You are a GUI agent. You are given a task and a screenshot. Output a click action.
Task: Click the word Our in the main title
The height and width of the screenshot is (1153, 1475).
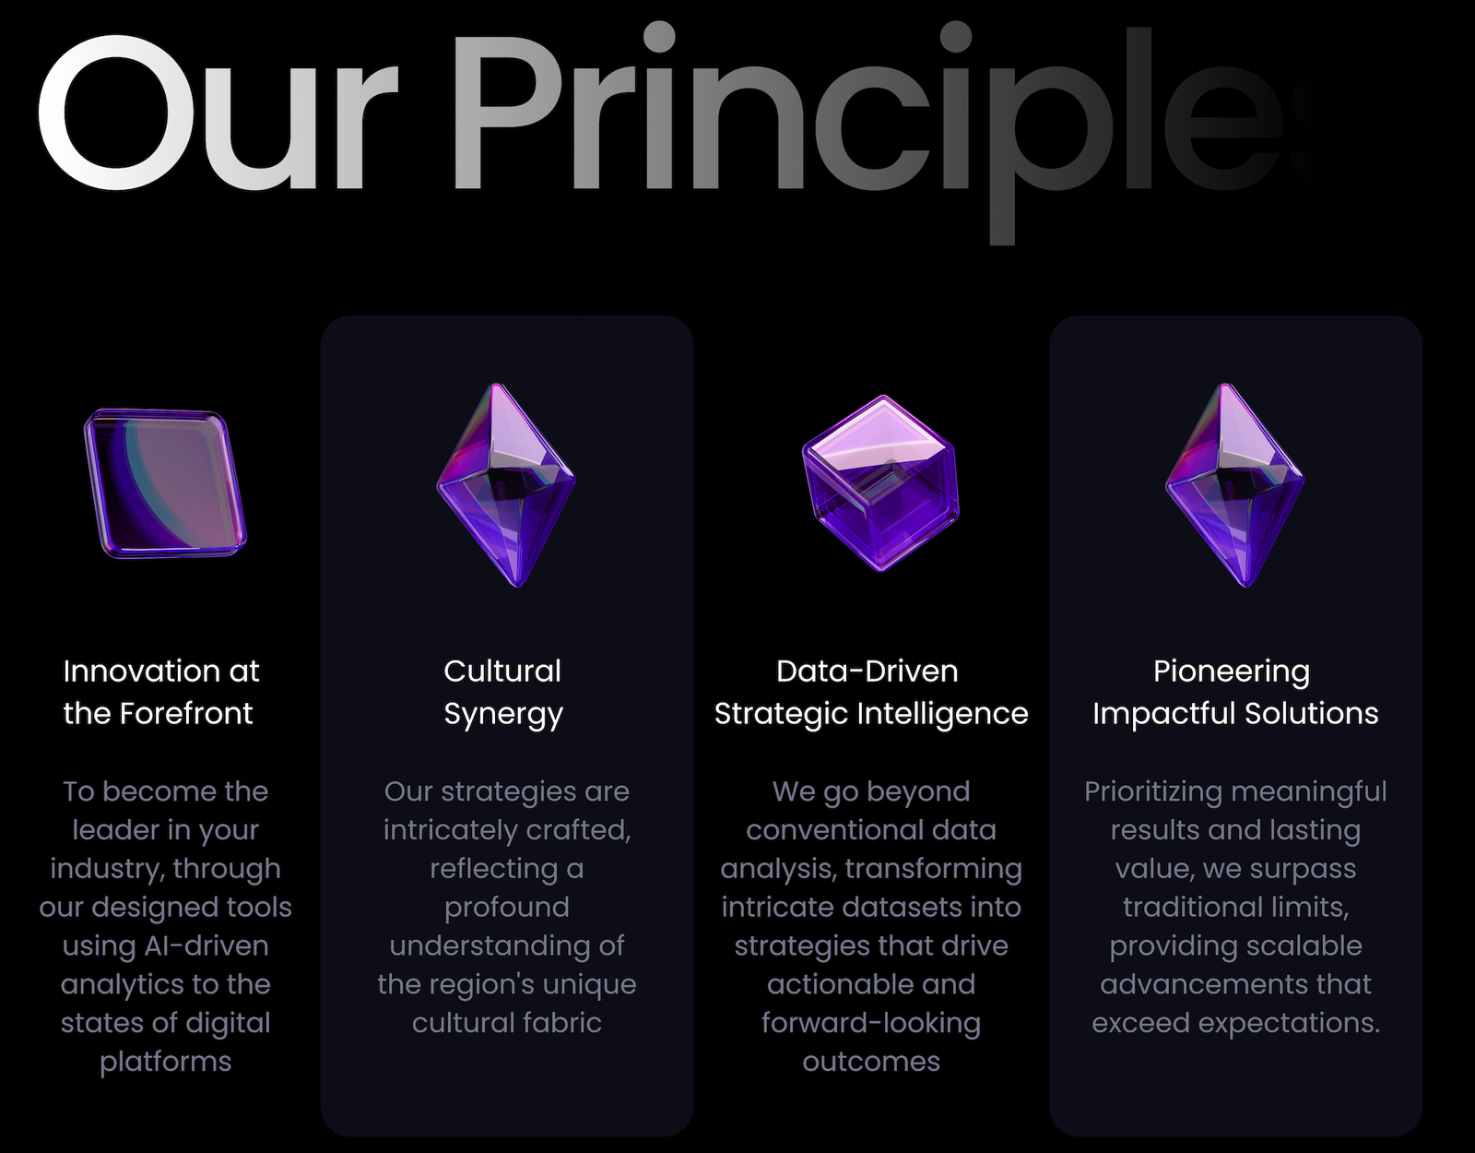coord(218,112)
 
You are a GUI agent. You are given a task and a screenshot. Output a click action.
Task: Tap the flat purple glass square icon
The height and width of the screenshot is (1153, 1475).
coord(165,483)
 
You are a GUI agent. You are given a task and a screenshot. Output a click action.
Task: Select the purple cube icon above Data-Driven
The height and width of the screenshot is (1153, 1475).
coord(881,482)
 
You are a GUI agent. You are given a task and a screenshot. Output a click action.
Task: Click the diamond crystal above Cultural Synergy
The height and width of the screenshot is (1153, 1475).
coord(506,485)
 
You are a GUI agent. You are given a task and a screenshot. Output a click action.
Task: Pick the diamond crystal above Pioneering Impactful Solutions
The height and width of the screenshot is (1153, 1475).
coord(1235,485)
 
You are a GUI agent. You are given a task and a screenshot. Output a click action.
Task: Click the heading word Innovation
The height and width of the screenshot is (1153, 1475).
coord(141,671)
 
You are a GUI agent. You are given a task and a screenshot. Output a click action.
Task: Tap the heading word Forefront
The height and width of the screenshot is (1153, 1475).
coord(186,714)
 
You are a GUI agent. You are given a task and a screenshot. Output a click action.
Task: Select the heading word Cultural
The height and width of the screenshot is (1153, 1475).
coord(502,671)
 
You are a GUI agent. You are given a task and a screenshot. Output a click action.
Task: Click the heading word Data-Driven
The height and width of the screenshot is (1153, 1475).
coord(867,671)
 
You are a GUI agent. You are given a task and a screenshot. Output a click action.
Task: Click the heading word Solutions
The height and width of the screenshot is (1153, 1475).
coord(1312,714)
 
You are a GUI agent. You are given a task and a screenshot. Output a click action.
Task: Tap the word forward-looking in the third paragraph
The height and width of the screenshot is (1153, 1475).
coord(871,1024)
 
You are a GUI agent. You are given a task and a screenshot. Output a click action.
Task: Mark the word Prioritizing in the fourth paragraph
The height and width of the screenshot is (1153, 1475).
coord(1153,792)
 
